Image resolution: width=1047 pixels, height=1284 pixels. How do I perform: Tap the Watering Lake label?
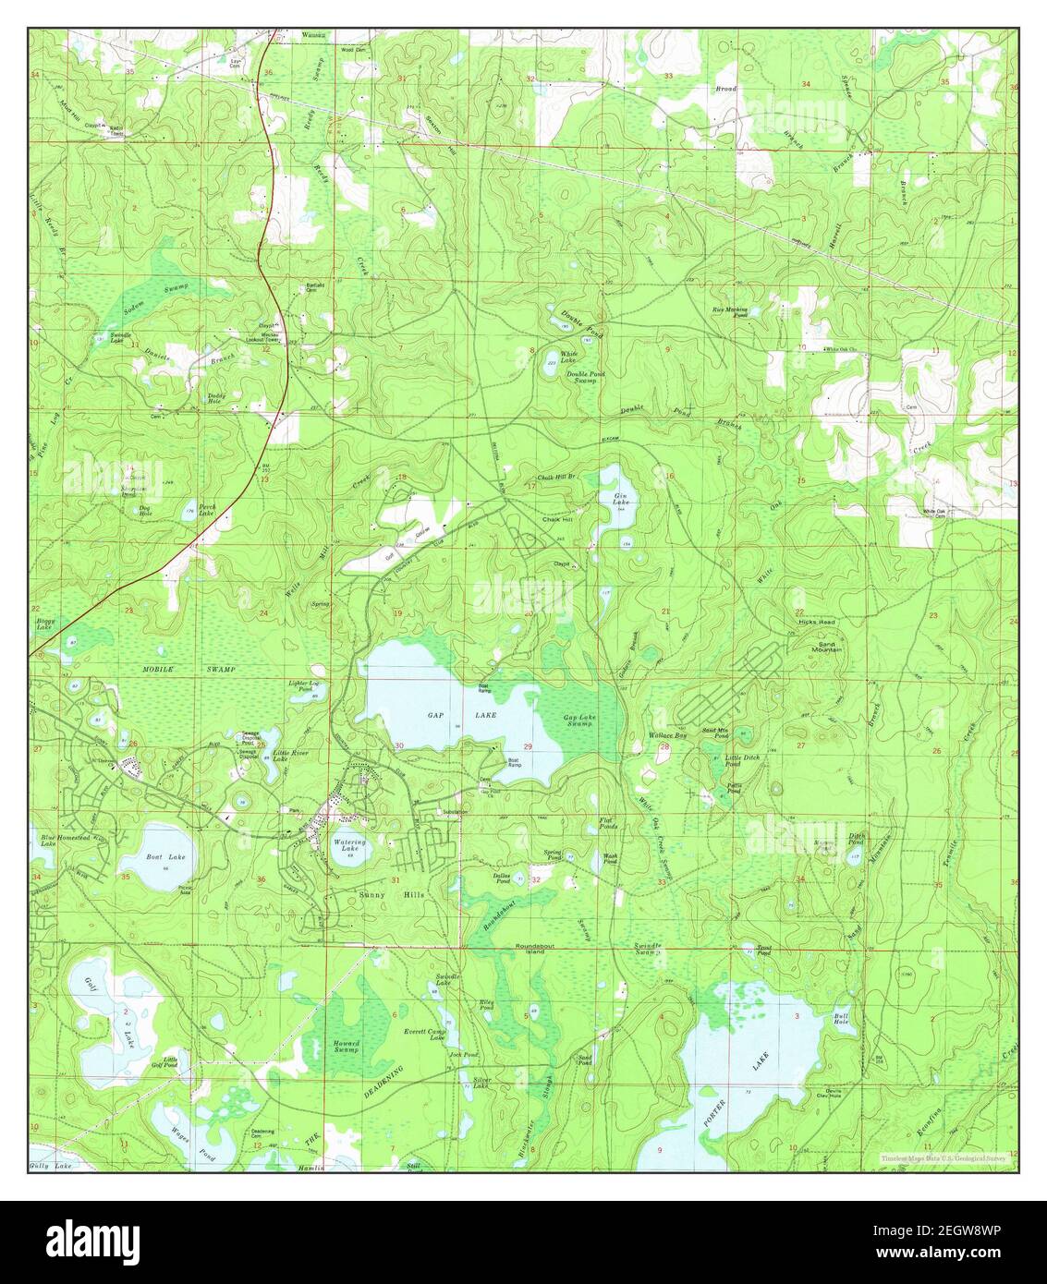349,846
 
